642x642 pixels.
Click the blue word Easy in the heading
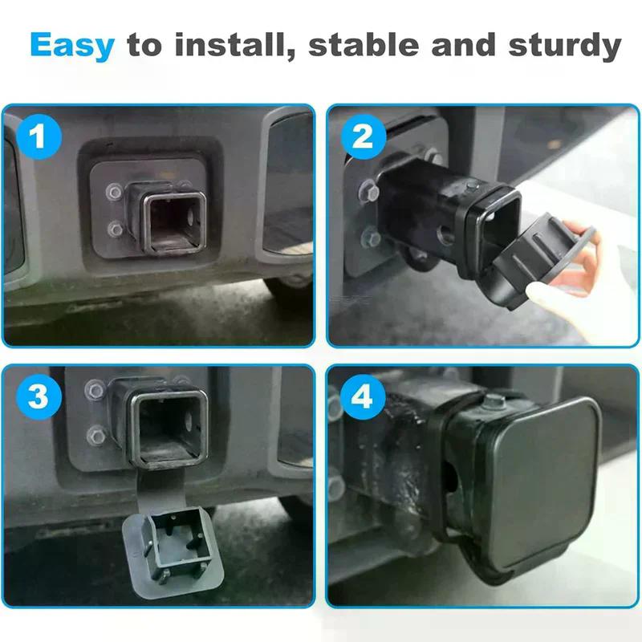click(72, 46)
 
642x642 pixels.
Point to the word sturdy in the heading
click(565, 46)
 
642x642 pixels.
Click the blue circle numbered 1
click(39, 136)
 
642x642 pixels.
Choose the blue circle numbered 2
click(364, 136)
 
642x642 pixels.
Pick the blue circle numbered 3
click(39, 396)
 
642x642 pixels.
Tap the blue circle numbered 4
click(363, 396)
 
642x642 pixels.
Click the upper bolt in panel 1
click(114, 192)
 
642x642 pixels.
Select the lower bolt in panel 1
click(115, 230)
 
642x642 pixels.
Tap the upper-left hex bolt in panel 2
click(370, 191)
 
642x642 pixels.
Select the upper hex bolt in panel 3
click(95, 390)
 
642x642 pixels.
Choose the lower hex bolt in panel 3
click(97, 435)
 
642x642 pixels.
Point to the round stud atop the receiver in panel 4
click(494, 403)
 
